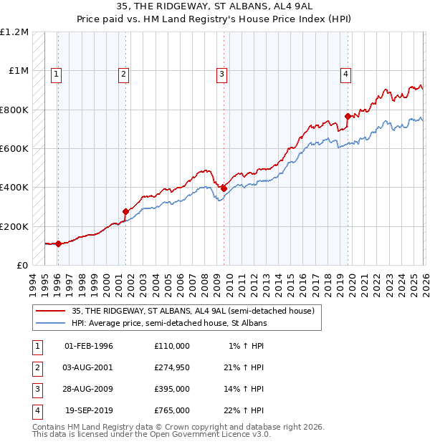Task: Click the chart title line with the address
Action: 215,7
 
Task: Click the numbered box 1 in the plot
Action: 57,73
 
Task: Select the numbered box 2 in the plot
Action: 124,73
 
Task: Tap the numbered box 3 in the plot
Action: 222,73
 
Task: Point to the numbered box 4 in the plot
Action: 345,73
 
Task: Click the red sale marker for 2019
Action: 348,116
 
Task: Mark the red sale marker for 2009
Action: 224,188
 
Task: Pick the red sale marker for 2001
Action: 125,211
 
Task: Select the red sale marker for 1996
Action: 58,243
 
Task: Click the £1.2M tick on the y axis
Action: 15,32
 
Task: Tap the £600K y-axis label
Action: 14,149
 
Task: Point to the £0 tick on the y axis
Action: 21,265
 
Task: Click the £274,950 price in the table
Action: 171,367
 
